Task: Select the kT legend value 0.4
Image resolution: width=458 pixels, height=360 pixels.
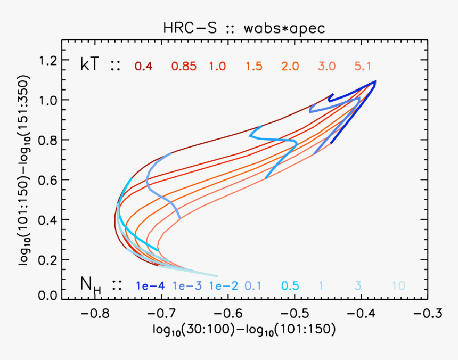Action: click(x=143, y=67)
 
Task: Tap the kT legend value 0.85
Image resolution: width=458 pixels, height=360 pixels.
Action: click(x=184, y=67)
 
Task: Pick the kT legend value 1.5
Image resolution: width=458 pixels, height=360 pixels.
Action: click(x=254, y=67)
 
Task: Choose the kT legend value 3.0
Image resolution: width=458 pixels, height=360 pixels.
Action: click(x=326, y=67)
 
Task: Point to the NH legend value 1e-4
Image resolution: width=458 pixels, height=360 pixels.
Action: click(x=150, y=286)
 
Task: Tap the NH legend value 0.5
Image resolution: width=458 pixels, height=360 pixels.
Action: click(x=290, y=286)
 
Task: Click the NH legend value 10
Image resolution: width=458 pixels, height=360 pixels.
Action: click(x=398, y=286)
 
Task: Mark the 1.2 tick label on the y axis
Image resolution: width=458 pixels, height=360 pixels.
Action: click(x=47, y=60)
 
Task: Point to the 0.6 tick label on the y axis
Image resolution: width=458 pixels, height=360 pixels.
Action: click(x=47, y=179)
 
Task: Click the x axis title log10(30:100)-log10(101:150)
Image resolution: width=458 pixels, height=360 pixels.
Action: click(x=244, y=331)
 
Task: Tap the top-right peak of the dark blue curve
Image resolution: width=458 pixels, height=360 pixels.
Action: click(x=375, y=81)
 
